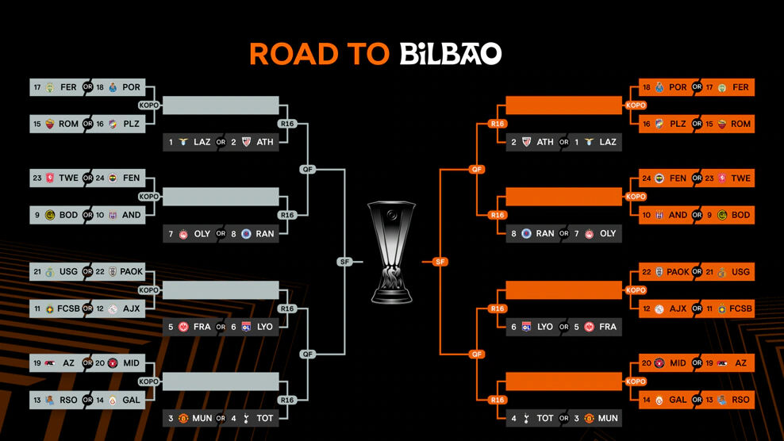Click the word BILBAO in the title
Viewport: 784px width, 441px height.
click(450, 54)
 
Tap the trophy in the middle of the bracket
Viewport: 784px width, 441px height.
click(392, 252)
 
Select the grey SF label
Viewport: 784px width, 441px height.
click(344, 262)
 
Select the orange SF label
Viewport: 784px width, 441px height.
click(440, 262)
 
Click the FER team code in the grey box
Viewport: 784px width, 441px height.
click(68, 87)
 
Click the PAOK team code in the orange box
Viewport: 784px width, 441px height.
click(678, 272)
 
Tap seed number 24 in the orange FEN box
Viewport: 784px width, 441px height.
click(647, 178)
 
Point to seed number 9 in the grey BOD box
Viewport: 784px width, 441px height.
click(37, 215)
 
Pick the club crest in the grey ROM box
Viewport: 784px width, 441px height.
click(51, 125)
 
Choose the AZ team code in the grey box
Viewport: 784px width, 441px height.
click(69, 363)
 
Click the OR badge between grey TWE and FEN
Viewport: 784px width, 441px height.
click(88, 178)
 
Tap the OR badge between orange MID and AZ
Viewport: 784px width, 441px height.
click(697, 363)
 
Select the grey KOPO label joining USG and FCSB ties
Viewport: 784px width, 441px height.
click(149, 290)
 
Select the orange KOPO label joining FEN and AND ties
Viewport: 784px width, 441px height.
click(636, 197)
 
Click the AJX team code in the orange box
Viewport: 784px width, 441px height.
click(678, 309)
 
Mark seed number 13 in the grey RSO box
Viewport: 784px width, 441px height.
click(37, 400)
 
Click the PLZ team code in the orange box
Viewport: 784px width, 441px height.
click(678, 125)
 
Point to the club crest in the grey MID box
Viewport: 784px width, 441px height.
click(113, 363)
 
